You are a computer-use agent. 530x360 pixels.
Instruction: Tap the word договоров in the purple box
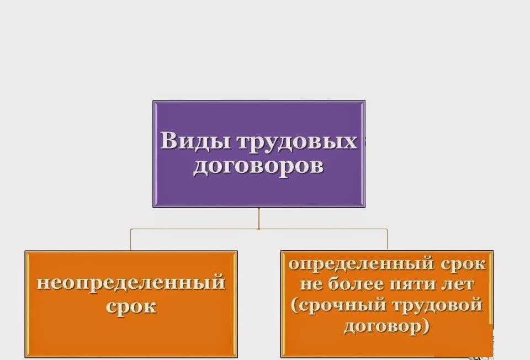pos(258,165)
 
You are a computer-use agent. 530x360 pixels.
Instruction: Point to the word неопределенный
pos(131,283)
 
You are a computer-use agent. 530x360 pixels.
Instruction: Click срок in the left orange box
pos(131,306)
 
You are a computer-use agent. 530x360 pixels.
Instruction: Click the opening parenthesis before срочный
pos(294,306)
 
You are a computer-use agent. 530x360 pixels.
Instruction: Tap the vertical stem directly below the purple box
pos(258,218)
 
